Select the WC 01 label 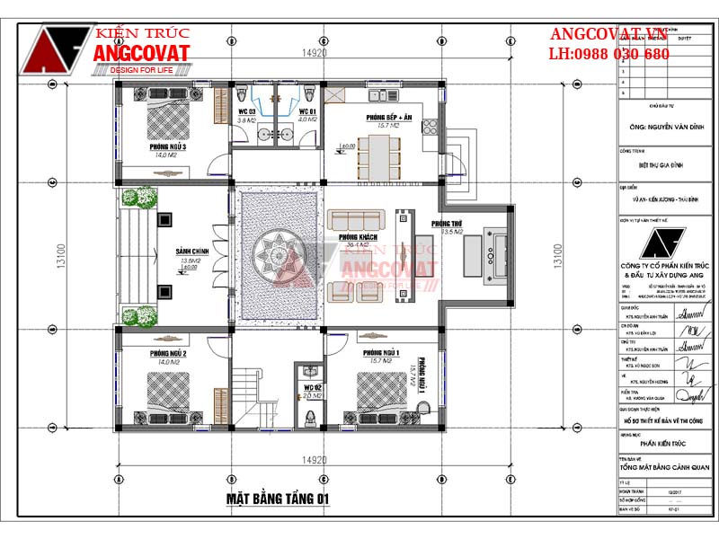307,111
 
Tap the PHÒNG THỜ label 446,224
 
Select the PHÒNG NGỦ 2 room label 167,353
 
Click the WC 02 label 310,387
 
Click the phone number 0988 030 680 621,54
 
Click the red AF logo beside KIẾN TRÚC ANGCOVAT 56,49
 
